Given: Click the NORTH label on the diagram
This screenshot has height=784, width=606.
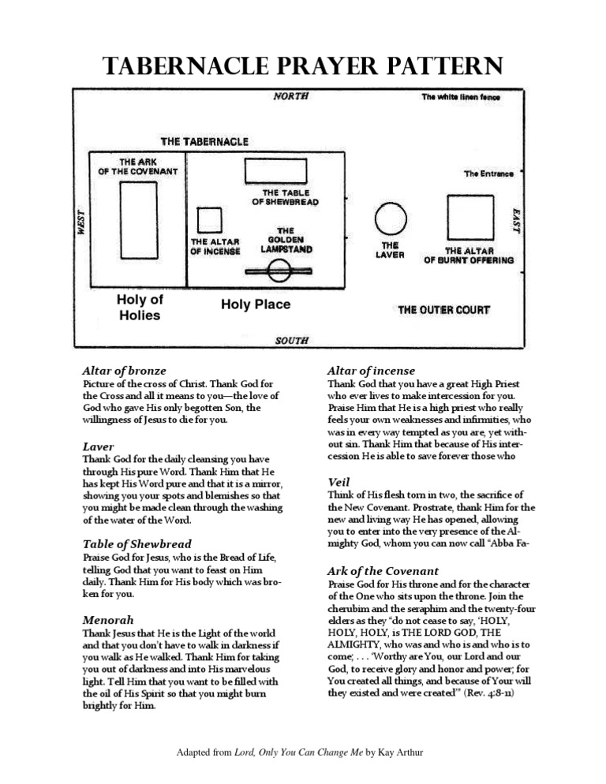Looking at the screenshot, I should click(x=290, y=96).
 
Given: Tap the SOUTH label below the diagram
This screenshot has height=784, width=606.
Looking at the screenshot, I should click(x=291, y=341).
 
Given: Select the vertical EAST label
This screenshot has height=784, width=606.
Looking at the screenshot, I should click(x=515, y=220).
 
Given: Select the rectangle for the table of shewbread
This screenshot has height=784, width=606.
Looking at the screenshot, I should click(x=275, y=171).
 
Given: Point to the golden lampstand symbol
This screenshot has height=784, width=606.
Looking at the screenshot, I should click(x=279, y=271).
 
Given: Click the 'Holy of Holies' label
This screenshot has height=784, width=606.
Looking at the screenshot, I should click(x=140, y=308).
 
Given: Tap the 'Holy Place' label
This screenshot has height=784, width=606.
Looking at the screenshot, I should click(x=255, y=304).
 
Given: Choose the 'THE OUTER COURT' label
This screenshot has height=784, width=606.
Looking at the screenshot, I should click(x=443, y=310).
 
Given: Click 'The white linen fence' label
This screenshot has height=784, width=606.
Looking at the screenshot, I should click(x=461, y=97).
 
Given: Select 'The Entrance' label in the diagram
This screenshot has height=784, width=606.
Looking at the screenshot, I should click(x=488, y=174).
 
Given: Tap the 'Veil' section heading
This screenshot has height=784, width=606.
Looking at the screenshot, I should click(x=339, y=481).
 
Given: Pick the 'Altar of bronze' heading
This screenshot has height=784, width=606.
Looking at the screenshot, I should click(x=124, y=370).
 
